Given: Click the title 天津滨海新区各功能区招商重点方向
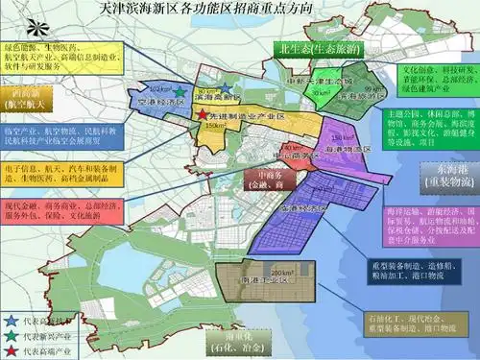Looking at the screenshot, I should point(239,12).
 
